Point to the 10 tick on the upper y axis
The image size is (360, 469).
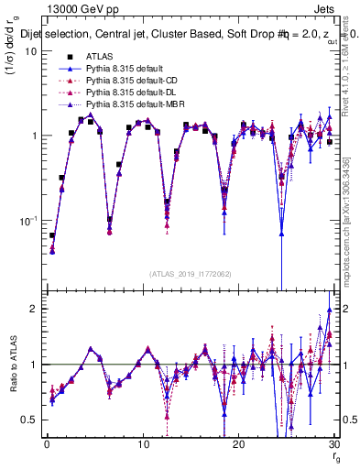tap(29, 50)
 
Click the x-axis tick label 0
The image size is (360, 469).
tap(47, 445)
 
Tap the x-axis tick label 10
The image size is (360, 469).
tap(142, 445)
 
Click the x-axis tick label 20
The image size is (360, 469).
tap(238, 445)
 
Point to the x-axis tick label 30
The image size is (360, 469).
tap(333, 445)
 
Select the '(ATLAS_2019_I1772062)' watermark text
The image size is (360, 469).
tap(190, 273)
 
